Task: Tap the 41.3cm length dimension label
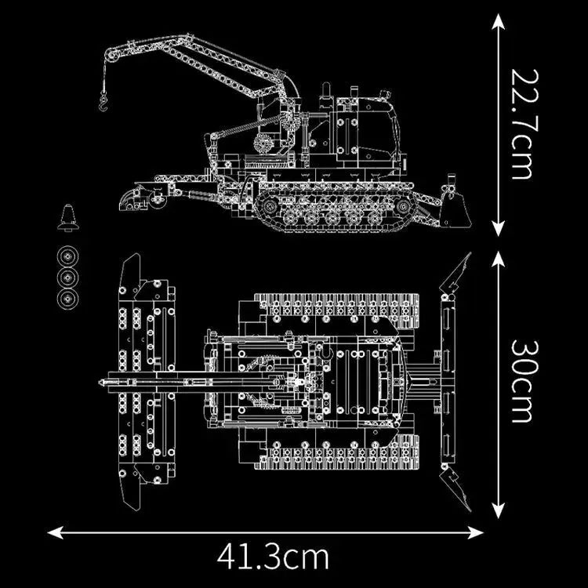tap(273, 557)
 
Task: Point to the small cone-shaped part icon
tap(68, 219)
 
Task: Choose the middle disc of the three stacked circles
tap(68, 278)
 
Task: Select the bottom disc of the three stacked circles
tap(68, 299)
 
